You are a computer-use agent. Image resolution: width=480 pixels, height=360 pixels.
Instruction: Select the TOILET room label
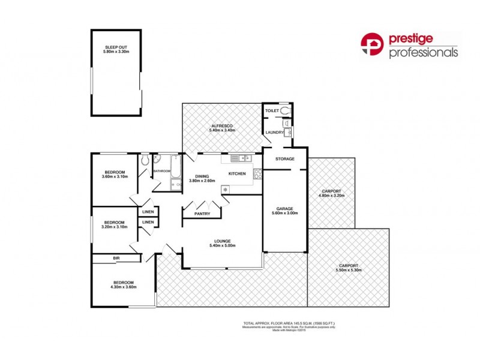[x=272, y=111]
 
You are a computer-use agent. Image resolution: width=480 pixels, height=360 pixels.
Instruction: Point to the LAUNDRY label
[x=274, y=132]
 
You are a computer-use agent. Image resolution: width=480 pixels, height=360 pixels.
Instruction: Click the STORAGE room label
[x=285, y=159]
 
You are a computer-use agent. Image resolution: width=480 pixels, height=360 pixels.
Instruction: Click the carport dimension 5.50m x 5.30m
[x=348, y=270]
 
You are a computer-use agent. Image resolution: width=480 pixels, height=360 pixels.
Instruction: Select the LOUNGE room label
[x=221, y=241]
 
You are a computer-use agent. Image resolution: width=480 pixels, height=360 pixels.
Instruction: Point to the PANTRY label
[x=202, y=214]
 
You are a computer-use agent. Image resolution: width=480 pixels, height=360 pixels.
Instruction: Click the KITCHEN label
[x=237, y=174]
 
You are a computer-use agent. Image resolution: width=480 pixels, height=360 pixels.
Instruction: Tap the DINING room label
[x=202, y=175]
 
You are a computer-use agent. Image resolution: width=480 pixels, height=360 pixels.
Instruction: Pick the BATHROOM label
[x=162, y=171]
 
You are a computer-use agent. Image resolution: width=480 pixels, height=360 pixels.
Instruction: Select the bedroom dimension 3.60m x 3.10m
[x=115, y=176]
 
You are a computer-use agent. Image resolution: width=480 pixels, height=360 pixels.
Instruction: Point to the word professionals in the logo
[x=424, y=53]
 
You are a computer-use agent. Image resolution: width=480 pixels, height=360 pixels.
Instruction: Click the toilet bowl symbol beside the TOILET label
[x=284, y=111]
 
